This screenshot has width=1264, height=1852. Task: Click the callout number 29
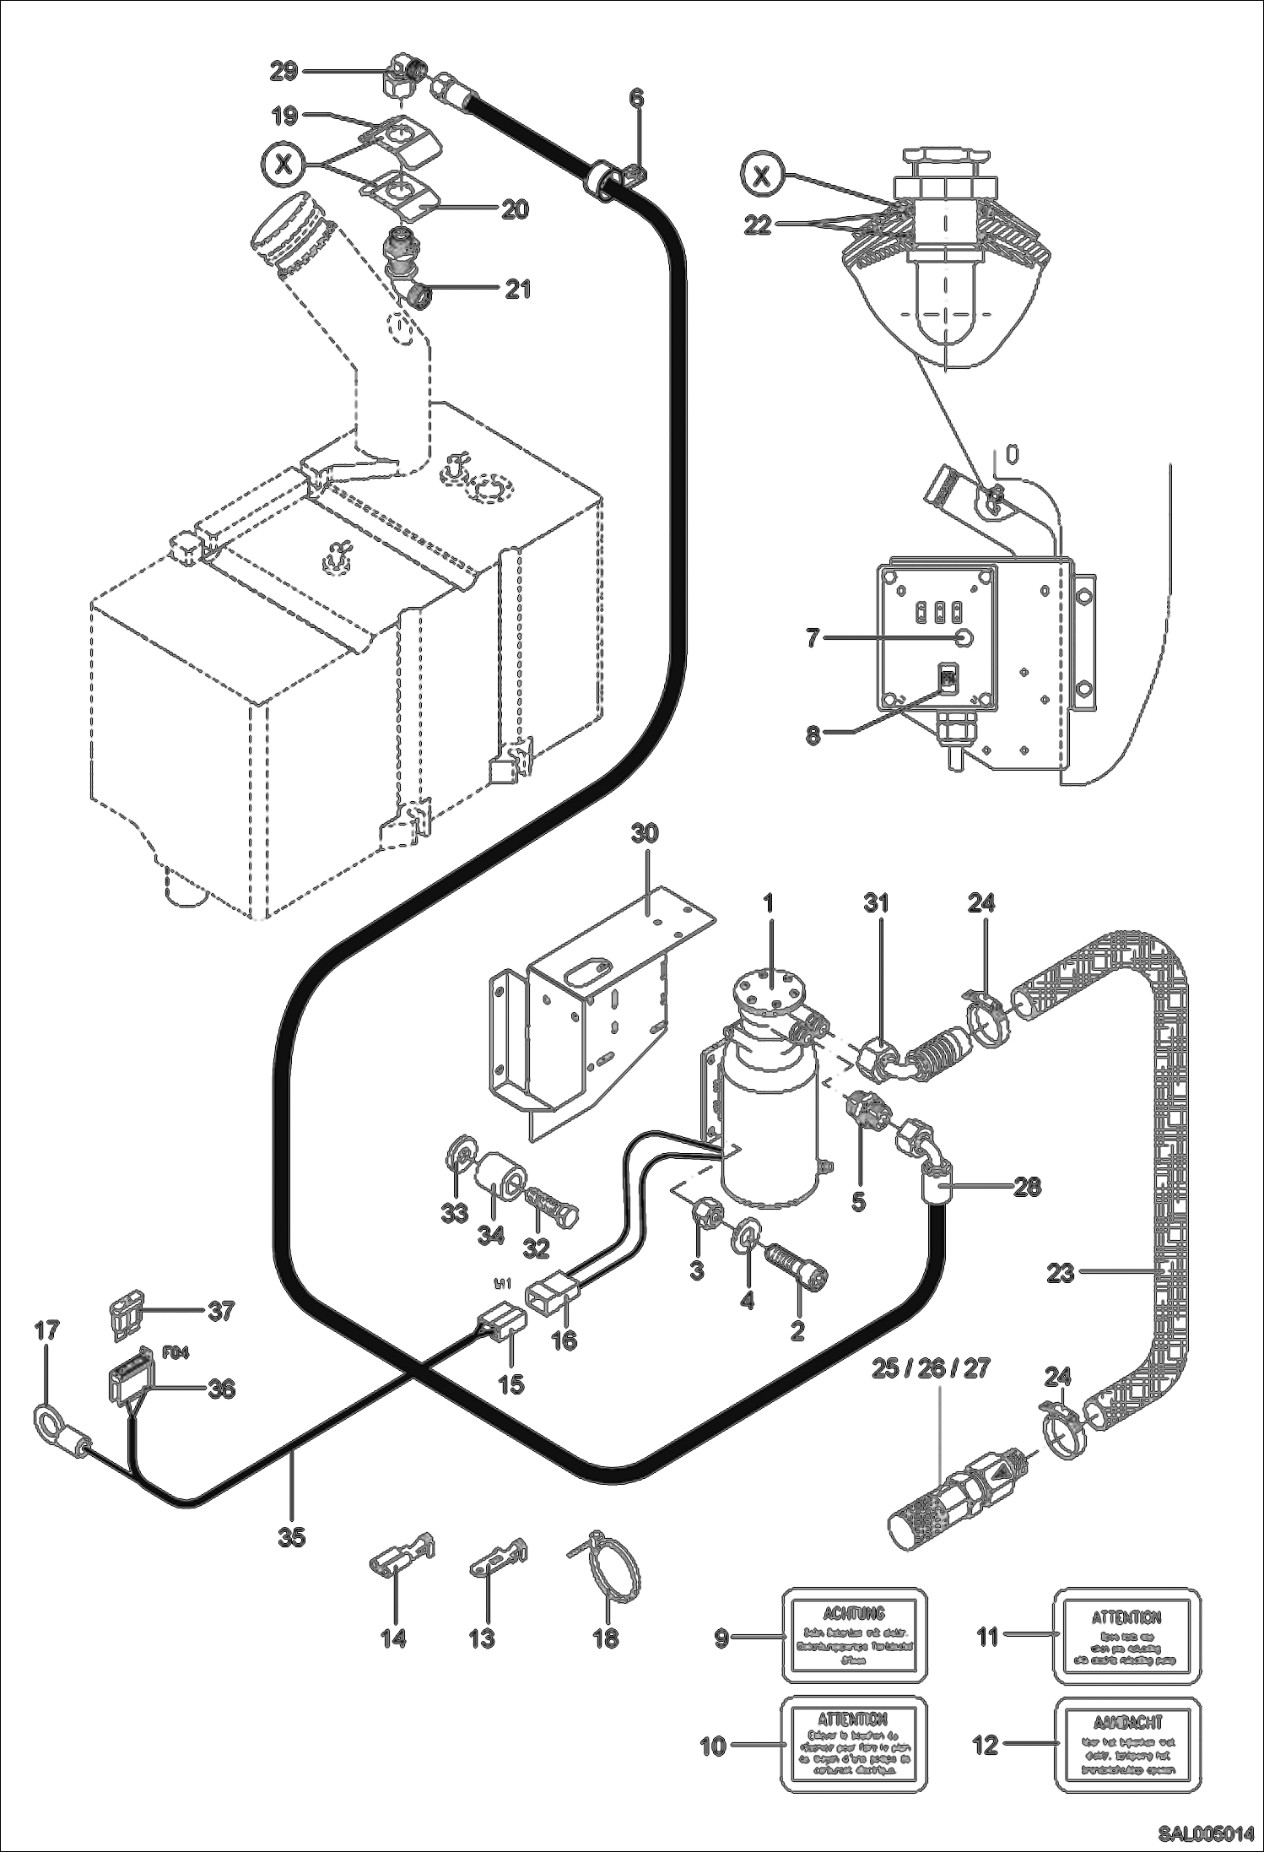pyautogui.click(x=284, y=72)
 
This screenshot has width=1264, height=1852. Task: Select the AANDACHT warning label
pyautogui.click(x=1127, y=1744)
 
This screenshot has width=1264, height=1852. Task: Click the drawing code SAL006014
pyautogui.click(x=1204, y=1834)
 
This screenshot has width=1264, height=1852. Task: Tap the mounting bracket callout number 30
pyautogui.click(x=645, y=834)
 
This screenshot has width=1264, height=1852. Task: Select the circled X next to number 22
pyautogui.click(x=761, y=176)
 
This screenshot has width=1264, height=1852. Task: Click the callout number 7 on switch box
pyautogui.click(x=813, y=639)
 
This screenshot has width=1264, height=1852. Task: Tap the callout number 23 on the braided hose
pyautogui.click(x=1060, y=1272)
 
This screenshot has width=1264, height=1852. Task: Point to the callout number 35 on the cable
pyautogui.click(x=291, y=1537)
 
